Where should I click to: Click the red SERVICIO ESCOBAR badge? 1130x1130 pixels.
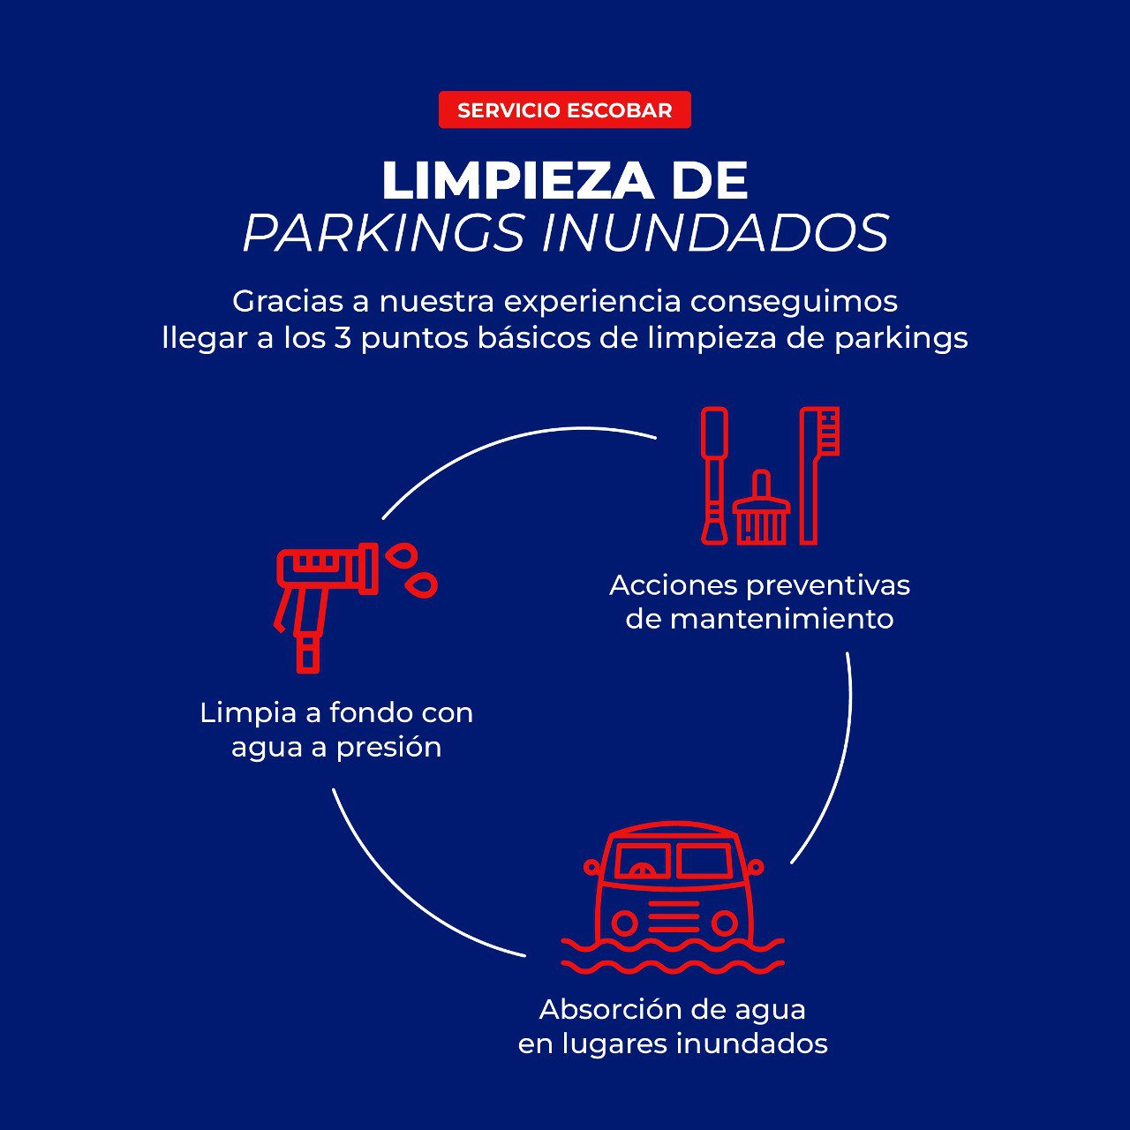coord(564,110)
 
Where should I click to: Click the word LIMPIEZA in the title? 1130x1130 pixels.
coord(516,181)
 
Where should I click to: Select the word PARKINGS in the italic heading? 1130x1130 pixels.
coord(383,233)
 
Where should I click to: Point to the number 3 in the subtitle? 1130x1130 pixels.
coord(343,338)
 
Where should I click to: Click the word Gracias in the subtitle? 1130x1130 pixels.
coord(287,302)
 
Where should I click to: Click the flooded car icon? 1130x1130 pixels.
coord(673,892)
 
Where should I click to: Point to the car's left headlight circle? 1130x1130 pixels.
coord(624,923)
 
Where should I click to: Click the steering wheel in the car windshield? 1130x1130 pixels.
coord(642,870)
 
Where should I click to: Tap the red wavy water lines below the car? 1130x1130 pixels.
coord(673,957)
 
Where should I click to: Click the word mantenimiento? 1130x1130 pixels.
coord(781,619)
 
